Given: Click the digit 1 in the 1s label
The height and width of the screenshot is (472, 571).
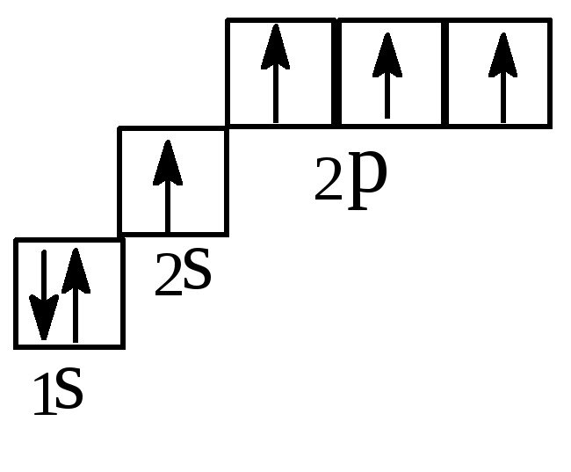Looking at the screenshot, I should [42, 397].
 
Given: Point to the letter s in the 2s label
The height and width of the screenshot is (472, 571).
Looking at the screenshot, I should [197, 272].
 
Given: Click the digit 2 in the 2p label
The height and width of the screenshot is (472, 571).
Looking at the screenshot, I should [328, 185].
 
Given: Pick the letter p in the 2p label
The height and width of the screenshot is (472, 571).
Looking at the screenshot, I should [367, 182].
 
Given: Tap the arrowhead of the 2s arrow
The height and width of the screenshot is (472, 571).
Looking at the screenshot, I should [167, 163].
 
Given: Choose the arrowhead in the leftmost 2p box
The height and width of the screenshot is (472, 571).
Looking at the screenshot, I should [276, 47].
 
